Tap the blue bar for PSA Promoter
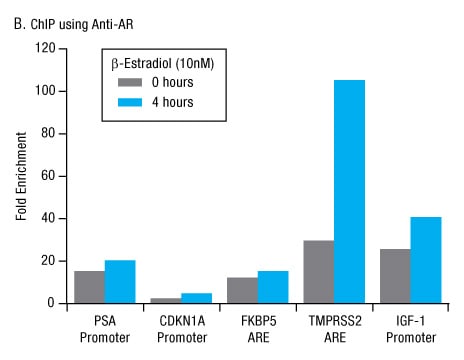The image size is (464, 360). click(120, 281)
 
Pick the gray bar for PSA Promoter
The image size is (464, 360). click(90, 286)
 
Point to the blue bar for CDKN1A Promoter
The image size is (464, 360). click(196, 297)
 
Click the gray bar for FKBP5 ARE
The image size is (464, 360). click(242, 289)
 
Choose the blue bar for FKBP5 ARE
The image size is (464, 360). click(272, 286)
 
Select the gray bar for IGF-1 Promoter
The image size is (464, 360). click(394, 276)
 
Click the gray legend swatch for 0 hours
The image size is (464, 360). click(132, 82)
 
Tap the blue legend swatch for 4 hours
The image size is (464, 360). click(132, 101)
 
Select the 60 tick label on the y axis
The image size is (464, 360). click(45, 175)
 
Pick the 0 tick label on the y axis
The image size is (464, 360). click(49, 303)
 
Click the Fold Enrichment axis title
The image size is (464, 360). click(21, 175)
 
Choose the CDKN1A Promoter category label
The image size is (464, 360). click(181, 327)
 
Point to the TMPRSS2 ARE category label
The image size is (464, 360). click(333, 327)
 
